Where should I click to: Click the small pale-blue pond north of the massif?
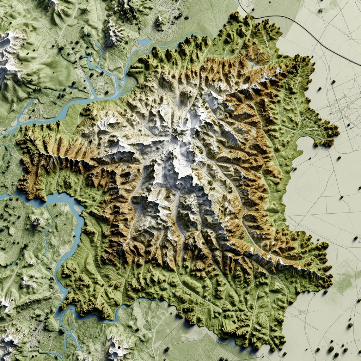(144, 43)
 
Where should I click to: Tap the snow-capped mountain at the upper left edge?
(9, 49)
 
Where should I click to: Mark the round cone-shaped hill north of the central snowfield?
(185, 93)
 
